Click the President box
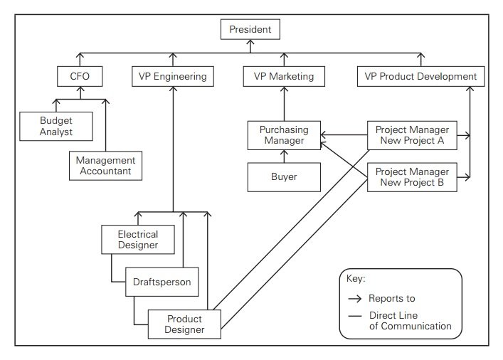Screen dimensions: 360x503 coord(250,30)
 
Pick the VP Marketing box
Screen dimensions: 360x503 coord(284,76)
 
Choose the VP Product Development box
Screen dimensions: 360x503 coord(420,76)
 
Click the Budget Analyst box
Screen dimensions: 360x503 coord(56,125)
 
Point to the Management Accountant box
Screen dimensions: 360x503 coord(105,166)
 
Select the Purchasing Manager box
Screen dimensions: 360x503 coord(284,135)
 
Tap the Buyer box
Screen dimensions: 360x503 coord(284,177)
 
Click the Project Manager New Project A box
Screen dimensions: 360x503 coord(412,135)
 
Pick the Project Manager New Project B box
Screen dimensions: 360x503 coord(412,177)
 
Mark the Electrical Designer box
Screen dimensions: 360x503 coord(139,240)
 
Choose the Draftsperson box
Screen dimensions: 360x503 coord(162,282)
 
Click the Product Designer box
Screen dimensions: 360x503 coord(184,324)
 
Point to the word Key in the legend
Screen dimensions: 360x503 coord(355,280)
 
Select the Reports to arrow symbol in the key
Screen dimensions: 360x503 coord(354,298)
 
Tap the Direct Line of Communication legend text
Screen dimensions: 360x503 coord(409,321)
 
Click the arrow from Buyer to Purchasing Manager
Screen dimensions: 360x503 coord(284,157)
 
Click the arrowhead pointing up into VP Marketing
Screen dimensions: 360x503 coord(284,88)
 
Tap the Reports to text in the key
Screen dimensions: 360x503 coord(391,298)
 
